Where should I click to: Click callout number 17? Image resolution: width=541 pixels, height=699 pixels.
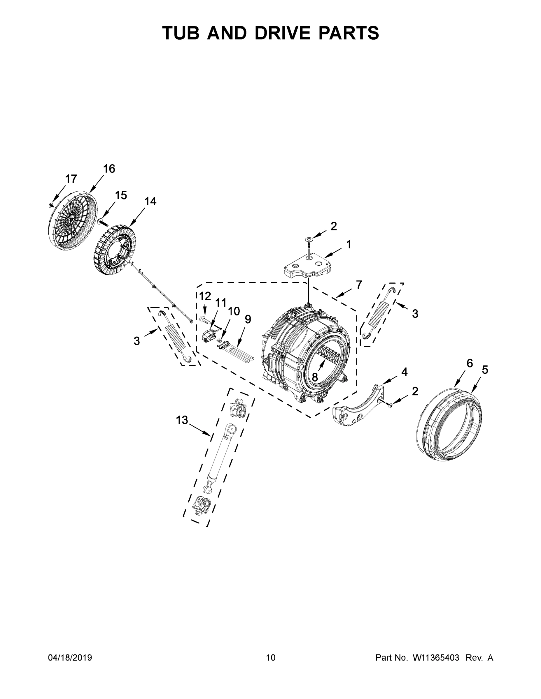71,179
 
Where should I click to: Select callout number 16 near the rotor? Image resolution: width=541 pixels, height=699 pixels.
109,168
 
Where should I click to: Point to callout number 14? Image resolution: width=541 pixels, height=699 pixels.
150,201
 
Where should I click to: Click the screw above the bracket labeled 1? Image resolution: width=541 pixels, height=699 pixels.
309,240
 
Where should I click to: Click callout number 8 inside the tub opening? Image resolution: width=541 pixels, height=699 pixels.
315,377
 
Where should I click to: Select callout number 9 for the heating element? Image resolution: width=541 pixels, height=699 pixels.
248,319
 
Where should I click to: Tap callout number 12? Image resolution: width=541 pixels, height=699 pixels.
205,296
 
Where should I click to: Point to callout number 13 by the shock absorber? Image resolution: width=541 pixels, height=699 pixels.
182,420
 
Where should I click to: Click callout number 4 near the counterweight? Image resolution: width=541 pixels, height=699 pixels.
404,372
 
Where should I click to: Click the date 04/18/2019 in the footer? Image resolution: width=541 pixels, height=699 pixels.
70,657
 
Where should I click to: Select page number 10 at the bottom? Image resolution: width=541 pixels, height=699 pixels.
271,657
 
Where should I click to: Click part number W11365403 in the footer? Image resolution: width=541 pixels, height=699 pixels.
436,657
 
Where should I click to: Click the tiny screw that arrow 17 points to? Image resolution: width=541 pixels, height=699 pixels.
51,205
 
